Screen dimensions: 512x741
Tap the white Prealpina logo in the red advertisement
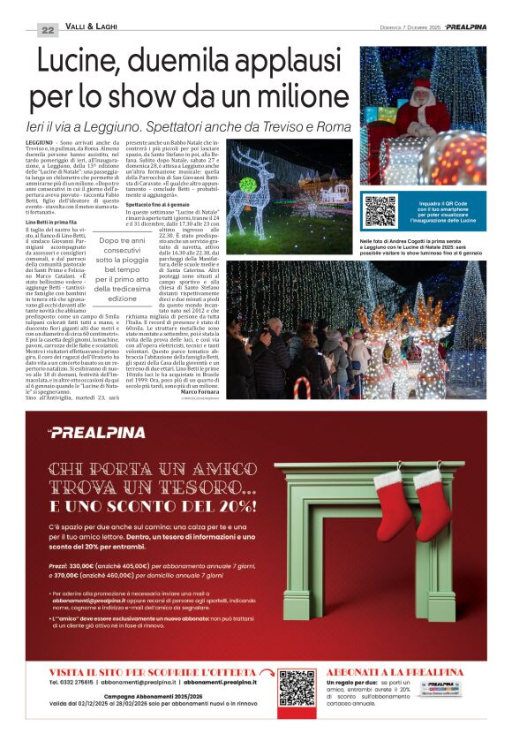click(84, 432)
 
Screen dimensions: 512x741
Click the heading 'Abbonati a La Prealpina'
click(395, 672)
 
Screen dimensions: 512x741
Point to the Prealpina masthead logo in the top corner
click(465, 27)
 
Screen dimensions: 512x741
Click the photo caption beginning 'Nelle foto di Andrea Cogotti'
click(422, 245)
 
